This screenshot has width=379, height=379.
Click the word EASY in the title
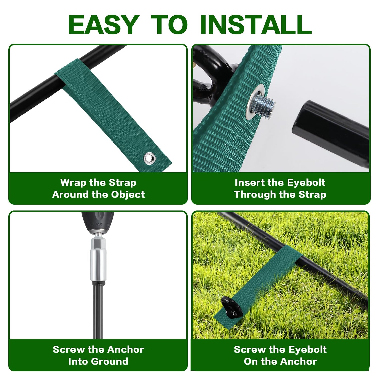(x=104, y=25)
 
